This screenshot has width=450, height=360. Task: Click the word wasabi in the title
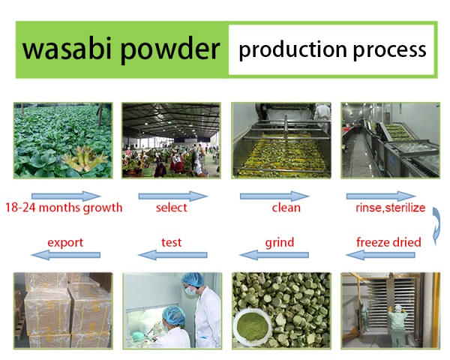pos(67,49)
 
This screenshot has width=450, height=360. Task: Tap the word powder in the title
pos(170,50)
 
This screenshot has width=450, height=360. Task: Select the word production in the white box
pos(292,50)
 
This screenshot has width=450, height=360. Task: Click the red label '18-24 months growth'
pos(64,208)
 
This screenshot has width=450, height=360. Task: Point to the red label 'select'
pos(171,207)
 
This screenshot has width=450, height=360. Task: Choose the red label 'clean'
pos(286,207)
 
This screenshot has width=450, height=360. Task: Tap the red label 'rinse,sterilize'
pos(390,207)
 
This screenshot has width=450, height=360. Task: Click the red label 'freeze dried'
pos(388,242)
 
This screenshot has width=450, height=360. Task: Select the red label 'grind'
pos(280,243)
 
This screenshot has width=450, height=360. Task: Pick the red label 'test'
pos(171,242)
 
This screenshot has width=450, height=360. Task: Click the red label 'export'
pos(65,243)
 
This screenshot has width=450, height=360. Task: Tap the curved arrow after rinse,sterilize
pos(437,225)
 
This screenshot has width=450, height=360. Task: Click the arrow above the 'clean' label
pos(274,196)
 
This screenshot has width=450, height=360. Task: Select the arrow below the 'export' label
pos(66,255)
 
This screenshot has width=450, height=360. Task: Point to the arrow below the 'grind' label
pos(274,255)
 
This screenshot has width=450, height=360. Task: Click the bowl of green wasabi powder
pos(253,325)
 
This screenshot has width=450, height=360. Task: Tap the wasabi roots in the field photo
pos(85,158)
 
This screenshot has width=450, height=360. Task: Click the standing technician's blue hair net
pos(193,279)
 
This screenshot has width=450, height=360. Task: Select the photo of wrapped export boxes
pos(63,310)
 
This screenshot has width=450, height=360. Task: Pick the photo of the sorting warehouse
pos(171,140)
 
